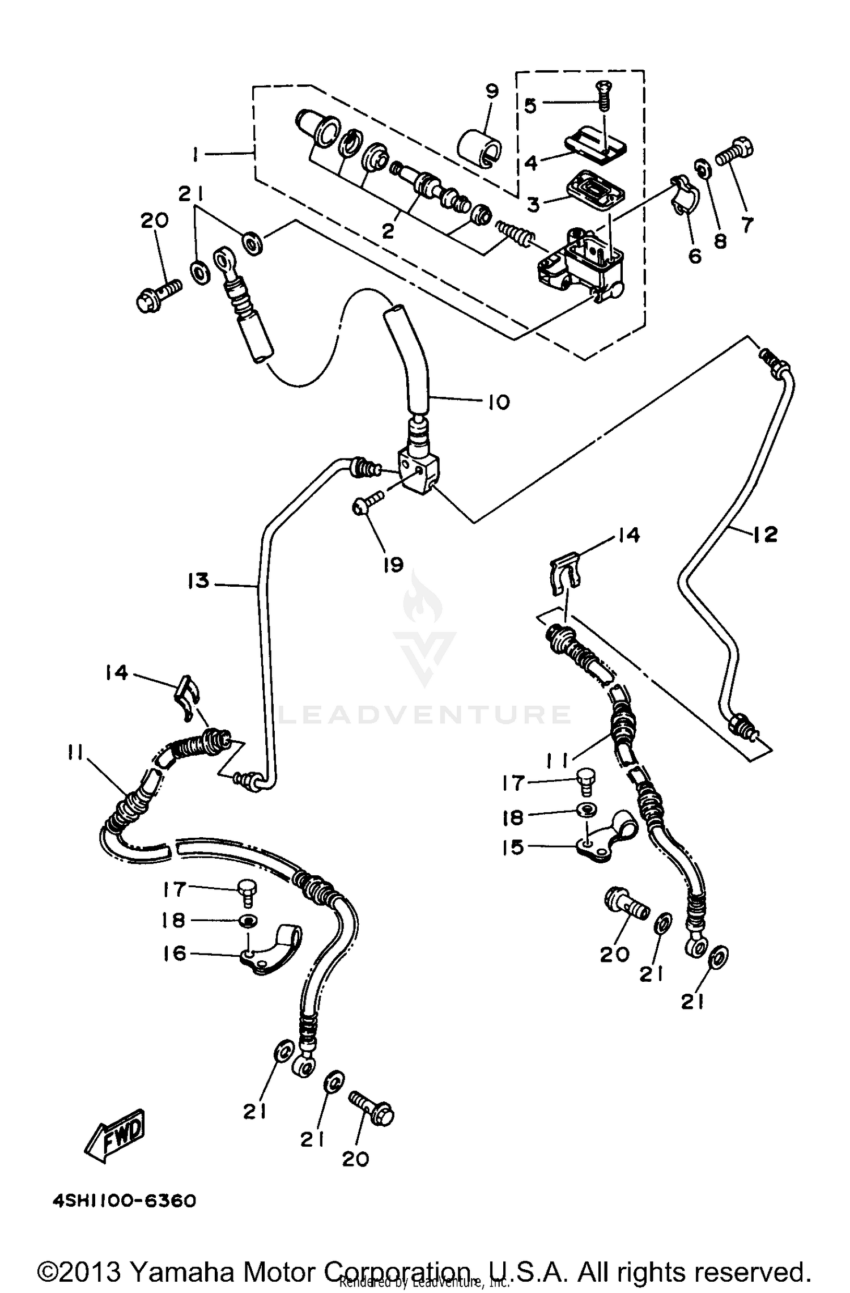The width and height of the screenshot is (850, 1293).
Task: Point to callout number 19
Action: point(393,564)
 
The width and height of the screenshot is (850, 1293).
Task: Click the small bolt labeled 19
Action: point(367,503)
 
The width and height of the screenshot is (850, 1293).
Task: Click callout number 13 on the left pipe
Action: point(199,581)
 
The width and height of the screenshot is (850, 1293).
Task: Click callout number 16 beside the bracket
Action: point(175,953)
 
